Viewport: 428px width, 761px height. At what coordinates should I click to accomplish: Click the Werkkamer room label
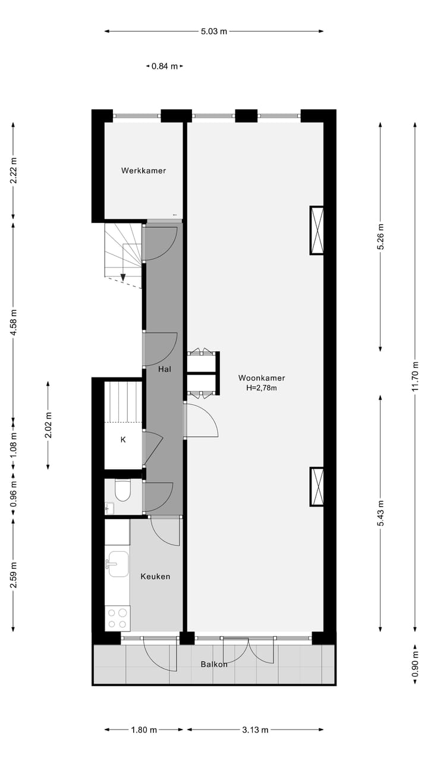(143, 171)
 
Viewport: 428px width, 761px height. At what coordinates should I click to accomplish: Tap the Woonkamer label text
(262, 378)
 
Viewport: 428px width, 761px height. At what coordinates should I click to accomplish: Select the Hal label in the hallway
(165, 369)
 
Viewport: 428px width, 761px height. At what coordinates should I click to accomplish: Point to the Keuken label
(155, 576)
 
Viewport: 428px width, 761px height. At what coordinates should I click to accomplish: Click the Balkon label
(214, 664)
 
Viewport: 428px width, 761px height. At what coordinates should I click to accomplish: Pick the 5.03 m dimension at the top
(214, 31)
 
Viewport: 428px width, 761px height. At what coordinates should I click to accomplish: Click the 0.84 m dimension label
(165, 66)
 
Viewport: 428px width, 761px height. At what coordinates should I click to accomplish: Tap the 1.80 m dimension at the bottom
(144, 730)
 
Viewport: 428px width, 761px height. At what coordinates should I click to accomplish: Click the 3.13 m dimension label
(256, 730)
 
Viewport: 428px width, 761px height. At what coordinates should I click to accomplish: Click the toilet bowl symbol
(123, 490)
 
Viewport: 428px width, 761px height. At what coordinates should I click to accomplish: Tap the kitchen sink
(118, 564)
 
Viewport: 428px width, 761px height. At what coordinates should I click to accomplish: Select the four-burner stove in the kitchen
(118, 618)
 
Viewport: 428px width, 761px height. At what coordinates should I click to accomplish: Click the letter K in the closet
(123, 440)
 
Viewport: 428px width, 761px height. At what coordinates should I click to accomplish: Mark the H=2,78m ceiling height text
(262, 388)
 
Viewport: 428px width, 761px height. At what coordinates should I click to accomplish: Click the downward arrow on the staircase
(123, 276)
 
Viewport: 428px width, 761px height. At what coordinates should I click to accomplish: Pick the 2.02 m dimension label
(49, 425)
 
